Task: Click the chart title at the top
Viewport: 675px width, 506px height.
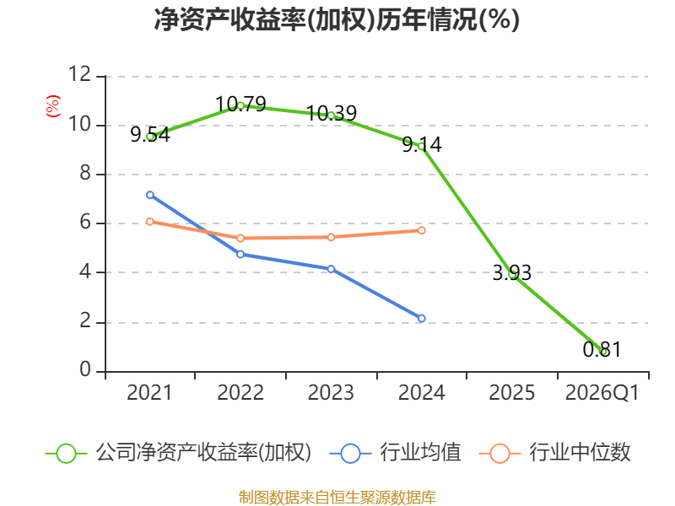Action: [x=337, y=20]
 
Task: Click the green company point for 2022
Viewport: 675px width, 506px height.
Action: [x=240, y=105]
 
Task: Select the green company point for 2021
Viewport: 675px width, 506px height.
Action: [x=150, y=136]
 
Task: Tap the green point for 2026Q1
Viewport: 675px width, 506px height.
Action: [x=603, y=352]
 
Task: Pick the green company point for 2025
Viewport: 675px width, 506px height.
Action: [x=512, y=274]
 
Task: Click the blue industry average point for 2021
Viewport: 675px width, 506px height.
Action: [x=150, y=195]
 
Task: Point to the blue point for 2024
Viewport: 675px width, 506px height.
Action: [x=422, y=318]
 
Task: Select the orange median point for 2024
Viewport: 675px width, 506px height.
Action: [x=422, y=230]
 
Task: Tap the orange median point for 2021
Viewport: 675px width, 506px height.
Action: [x=150, y=221]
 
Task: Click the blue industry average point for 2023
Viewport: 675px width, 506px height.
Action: [x=331, y=269]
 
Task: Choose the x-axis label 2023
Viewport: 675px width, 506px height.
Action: [x=331, y=393]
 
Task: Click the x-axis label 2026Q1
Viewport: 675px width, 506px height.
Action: [x=602, y=393]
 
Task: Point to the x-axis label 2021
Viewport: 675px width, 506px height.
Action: [x=150, y=393]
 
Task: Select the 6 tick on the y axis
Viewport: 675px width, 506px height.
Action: [x=85, y=223]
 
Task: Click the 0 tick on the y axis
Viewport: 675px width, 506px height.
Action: [x=85, y=371]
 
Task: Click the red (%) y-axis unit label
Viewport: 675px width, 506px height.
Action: [x=53, y=107]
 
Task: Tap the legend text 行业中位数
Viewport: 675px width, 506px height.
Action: [x=580, y=453]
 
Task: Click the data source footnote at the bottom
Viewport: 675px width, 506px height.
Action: [x=337, y=497]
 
